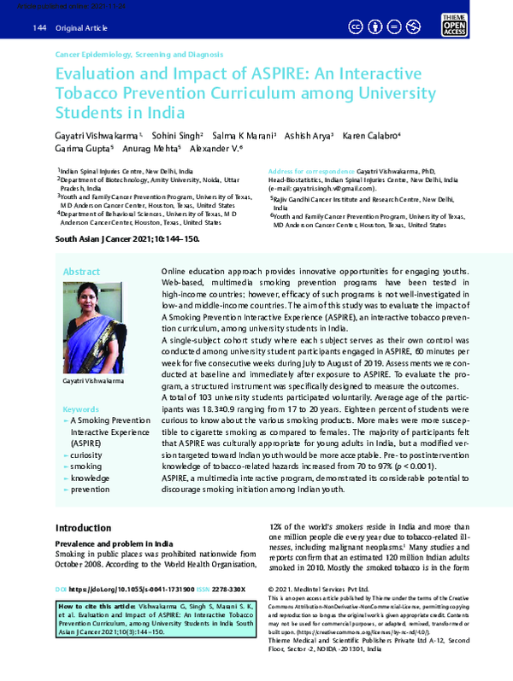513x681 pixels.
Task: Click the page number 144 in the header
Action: [38, 29]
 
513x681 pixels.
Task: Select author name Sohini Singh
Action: [176, 136]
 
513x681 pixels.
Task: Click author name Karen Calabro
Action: [369, 136]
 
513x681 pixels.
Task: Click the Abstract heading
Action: [82, 272]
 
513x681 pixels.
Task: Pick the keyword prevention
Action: [90, 491]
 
